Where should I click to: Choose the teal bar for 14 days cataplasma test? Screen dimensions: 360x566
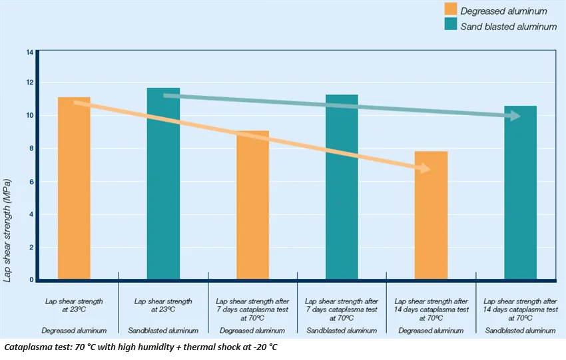pos(520,193)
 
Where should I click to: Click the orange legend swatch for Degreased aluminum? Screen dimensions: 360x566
pos(449,10)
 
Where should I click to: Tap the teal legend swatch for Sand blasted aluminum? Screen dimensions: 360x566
pos(449,26)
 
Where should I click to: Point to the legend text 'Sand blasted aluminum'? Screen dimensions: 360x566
pos(509,27)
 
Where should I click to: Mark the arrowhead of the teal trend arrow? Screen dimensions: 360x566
pos(514,116)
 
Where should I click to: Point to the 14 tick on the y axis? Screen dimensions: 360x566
pos(29,52)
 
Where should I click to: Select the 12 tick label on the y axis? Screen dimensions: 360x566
pos(29,83)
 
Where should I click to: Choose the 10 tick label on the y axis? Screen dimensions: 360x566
pos(29,116)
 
